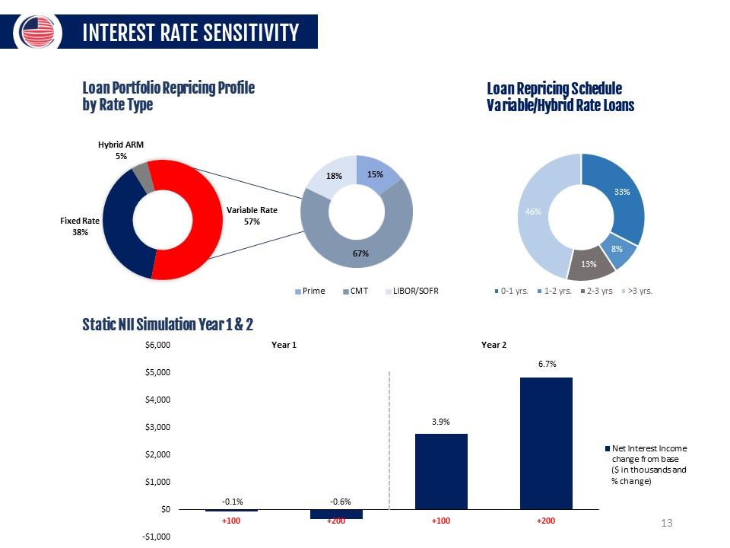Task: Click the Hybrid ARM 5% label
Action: (x=120, y=150)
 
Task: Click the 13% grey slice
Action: (x=589, y=264)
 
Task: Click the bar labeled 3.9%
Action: (x=441, y=471)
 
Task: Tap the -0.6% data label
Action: (x=340, y=502)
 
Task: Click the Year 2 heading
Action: (x=494, y=345)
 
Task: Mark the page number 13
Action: (x=668, y=523)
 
